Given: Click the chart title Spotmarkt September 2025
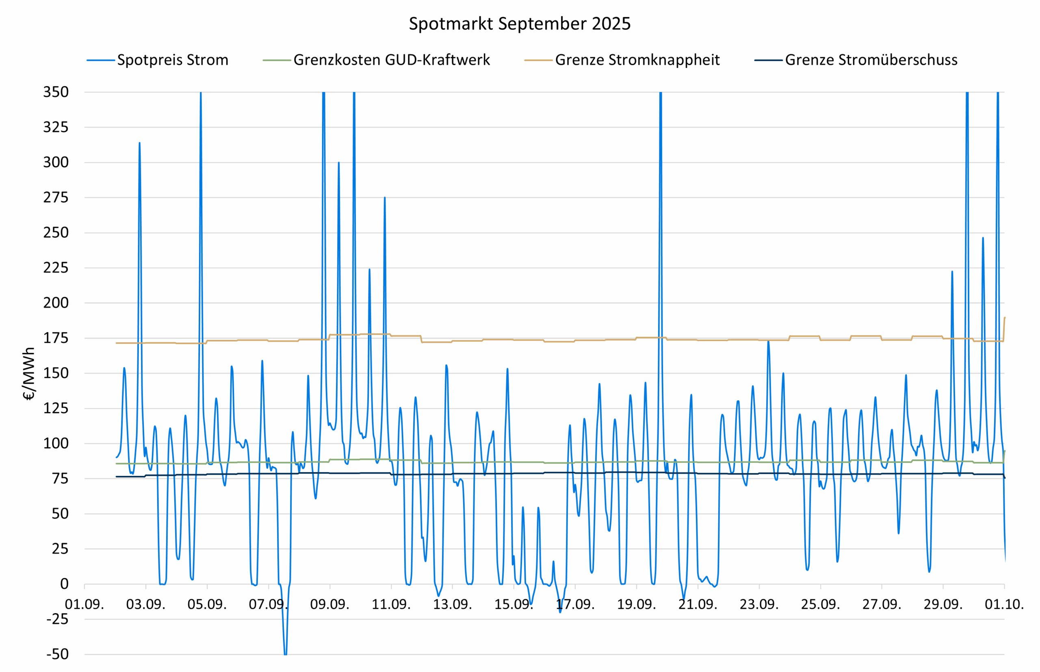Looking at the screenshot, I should click(x=520, y=24).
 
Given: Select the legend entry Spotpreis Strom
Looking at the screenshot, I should click(x=173, y=60).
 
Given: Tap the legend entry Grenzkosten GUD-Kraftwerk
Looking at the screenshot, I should click(x=391, y=60).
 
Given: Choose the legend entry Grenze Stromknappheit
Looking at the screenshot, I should click(x=637, y=60).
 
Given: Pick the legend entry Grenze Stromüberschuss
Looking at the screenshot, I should click(x=871, y=60).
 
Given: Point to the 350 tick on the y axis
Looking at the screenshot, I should click(x=56, y=92).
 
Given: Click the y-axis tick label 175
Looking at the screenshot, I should click(x=56, y=338).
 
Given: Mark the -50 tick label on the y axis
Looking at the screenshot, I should click(x=58, y=654).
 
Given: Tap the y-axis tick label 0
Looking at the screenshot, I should click(x=64, y=584).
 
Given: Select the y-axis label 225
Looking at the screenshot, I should click(x=56, y=268).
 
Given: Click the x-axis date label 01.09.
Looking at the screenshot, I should click(x=84, y=604).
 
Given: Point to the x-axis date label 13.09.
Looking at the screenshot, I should click(x=452, y=604).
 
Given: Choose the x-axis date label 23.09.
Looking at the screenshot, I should click(x=759, y=604).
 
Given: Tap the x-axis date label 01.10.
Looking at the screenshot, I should click(x=1004, y=604).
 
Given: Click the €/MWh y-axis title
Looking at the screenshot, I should click(x=29, y=374).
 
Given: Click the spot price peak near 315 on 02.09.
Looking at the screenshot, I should click(x=139, y=143).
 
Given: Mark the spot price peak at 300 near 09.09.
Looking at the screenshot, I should click(x=338, y=163).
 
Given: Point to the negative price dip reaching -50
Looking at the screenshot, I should click(x=285, y=653).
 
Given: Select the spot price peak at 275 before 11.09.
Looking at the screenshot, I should click(x=385, y=198).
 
